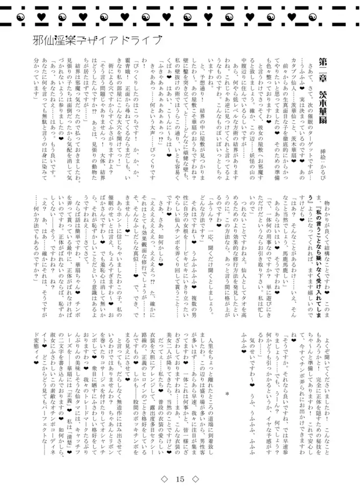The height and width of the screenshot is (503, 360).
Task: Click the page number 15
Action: click(x=180, y=479)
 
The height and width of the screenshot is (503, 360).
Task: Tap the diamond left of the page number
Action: click(x=164, y=479)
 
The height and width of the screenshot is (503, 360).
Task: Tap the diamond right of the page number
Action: click(x=196, y=479)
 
